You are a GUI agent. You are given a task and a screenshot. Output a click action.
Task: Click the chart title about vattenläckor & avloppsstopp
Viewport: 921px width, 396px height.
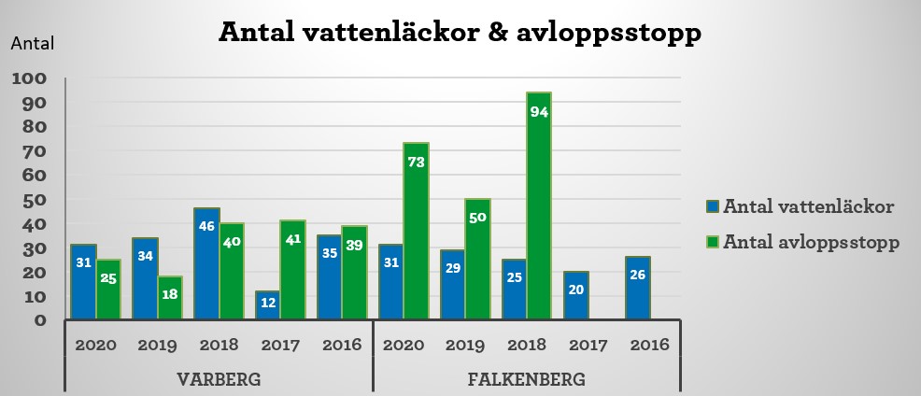coord(460,33)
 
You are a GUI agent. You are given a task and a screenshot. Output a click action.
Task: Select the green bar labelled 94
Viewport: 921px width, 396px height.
coord(539,205)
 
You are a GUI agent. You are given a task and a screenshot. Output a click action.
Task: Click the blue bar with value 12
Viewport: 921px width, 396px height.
coord(268,304)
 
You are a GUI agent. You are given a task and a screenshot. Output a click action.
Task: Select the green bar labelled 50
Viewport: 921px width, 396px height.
coord(477,259)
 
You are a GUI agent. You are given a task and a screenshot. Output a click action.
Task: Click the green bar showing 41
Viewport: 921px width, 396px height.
coord(292,270)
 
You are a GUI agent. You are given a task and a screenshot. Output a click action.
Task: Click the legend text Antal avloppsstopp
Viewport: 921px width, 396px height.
coord(812,242)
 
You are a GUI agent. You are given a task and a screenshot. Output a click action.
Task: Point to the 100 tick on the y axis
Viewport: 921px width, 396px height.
coord(29,78)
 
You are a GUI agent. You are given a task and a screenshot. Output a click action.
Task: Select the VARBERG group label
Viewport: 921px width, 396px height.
coord(219,380)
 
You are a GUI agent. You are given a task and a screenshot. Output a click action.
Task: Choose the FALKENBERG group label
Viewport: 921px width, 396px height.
coord(527,380)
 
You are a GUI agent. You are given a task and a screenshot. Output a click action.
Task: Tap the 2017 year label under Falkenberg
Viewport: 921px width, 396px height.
coord(588,345)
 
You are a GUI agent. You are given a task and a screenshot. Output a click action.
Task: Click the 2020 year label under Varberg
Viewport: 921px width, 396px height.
coord(95,345)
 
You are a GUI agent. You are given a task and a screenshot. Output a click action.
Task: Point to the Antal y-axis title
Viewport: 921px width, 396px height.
coord(34,43)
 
